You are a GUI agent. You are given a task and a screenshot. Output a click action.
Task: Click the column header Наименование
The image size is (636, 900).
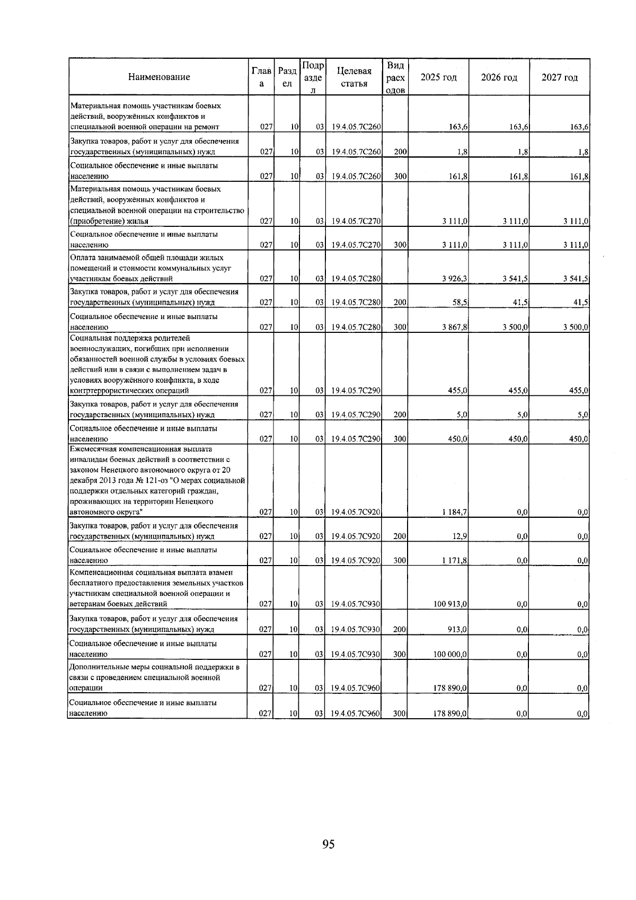pyautogui.click(x=159, y=77)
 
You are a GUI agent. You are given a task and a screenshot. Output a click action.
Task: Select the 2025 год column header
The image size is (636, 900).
pyautogui.click(x=438, y=77)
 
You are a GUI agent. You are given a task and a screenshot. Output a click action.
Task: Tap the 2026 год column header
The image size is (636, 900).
pyautogui.click(x=499, y=77)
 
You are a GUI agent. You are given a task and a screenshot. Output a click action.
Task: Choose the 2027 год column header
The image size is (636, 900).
pyautogui.click(x=560, y=77)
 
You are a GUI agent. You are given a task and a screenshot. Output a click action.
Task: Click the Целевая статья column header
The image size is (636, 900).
pyautogui.click(x=354, y=77)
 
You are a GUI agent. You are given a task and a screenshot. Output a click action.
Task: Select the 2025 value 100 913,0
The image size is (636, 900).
pyautogui.click(x=450, y=604)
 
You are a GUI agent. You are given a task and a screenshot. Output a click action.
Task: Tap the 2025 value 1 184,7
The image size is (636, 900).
pyautogui.click(x=454, y=513)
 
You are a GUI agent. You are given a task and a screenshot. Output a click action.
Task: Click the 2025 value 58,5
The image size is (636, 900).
pyautogui.click(x=458, y=303)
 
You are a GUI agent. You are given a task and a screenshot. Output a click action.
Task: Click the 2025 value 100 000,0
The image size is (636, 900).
pyautogui.click(x=450, y=654)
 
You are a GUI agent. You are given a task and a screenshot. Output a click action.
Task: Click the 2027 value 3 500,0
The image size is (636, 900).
pyautogui.click(x=576, y=328)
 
